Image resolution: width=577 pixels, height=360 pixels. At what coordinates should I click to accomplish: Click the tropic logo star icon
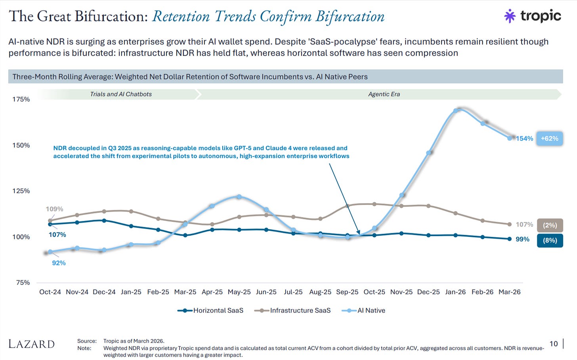coord(510,16)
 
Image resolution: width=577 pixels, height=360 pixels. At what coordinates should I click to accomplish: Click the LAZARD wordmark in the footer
coord(32,344)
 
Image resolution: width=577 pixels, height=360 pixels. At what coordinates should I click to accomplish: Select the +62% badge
coord(549,139)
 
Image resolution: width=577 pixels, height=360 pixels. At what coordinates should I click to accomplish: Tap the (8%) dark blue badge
coord(550,240)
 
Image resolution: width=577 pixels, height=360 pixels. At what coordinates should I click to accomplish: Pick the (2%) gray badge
coord(550,225)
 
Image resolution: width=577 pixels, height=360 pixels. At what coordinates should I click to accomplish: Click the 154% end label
coord(524,139)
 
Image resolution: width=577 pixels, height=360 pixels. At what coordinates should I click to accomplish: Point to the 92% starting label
coord(59,263)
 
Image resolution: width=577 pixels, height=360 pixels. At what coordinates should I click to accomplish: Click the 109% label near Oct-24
coord(54,209)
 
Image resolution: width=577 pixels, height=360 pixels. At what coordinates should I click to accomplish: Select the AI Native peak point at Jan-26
coord(455,111)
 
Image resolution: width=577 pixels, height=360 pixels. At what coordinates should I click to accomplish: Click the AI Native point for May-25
coord(239,197)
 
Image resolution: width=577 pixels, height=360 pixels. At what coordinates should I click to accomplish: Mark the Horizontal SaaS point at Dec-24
coord(104,221)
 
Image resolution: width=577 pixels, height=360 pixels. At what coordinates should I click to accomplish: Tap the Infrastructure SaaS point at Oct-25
coord(374,204)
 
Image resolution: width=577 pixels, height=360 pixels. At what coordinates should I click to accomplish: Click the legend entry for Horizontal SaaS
coord(210,310)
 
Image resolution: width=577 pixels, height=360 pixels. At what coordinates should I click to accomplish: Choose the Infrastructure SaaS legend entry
coord(292,310)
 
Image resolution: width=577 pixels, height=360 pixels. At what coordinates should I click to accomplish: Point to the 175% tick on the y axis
coord(21,99)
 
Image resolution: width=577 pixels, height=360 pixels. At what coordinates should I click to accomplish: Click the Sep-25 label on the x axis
coord(347,292)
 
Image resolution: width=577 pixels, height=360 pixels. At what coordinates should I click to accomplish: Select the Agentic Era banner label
coord(384,94)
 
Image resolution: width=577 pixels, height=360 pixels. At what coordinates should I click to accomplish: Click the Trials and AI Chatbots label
coord(121,94)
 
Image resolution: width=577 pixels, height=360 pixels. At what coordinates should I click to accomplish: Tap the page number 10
coord(554,344)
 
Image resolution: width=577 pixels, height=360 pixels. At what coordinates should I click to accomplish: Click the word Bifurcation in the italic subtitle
coord(350,17)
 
